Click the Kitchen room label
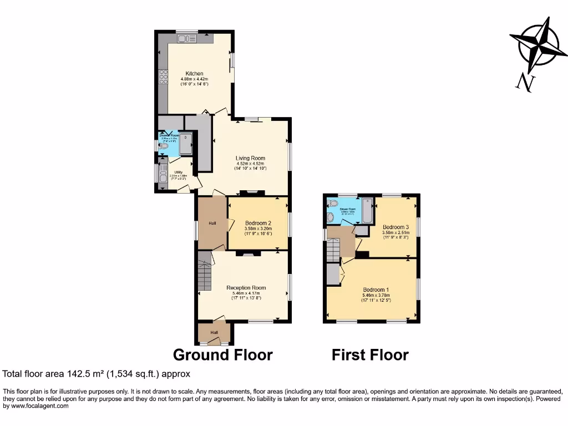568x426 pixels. [x=194, y=74]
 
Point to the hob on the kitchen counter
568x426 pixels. [x=163, y=77]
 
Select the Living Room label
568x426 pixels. [x=250, y=158]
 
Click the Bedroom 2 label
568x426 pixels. [x=258, y=223]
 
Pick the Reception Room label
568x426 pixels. [x=246, y=288]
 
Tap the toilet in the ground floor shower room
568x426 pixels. [x=163, y=146]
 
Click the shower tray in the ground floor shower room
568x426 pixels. [x=185, y=144]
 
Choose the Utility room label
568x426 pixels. [x=179, y=173]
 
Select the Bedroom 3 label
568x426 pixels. [x=395, y=227]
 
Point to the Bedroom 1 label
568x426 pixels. [x=376, y=290]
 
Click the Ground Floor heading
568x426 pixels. [x=222, y=355]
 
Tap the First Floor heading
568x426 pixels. [x=370, y=355]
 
